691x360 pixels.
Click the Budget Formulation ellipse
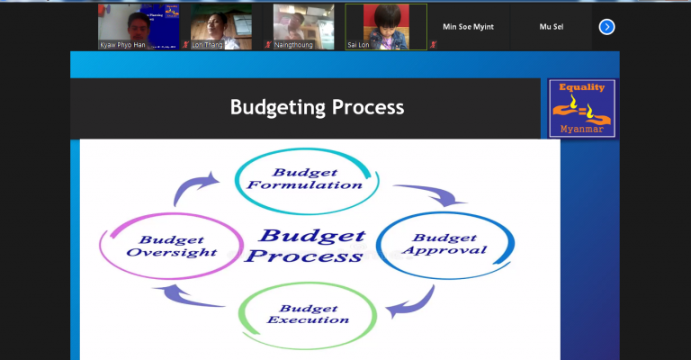coord(307,148)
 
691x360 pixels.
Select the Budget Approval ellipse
coord(445,212)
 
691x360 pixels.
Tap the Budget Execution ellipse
coord(308,283)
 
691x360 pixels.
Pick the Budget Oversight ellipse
coord(171,214)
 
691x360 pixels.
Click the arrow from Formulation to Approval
coord(434,192)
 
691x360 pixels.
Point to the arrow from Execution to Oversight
coord(185,298)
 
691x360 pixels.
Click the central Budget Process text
coord(306,246)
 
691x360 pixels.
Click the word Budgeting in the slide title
coord(278,107)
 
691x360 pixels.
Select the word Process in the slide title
coord(368,107)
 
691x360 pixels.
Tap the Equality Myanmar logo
coord(582,108)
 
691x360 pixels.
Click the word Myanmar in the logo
coord(582,129)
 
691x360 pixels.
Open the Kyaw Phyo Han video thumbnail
coord(139,27)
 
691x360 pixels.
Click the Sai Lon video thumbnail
coord(386,27)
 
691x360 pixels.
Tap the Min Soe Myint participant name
coord(468,27)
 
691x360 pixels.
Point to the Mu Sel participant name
coord(552,27)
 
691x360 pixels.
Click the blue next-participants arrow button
coord(606,27)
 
